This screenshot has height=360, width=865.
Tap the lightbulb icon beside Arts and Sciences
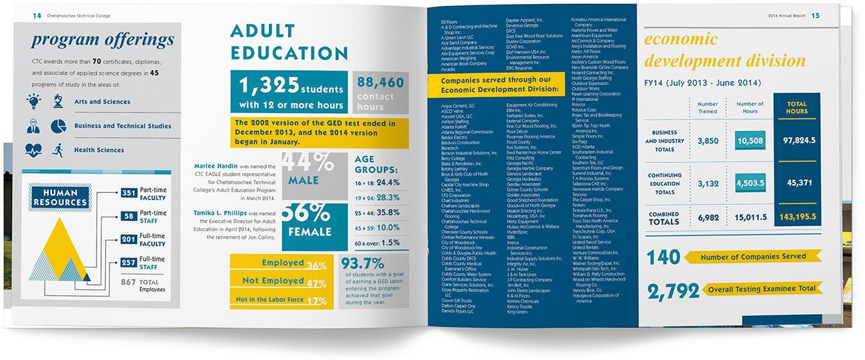[34, 102]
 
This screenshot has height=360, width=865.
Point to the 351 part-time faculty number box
[129, 194]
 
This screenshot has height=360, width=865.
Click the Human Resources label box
[59, 198]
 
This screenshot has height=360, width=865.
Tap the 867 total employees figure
[128, 282]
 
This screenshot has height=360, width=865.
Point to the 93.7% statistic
[362, 264]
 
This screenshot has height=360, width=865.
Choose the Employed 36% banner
[281, 264]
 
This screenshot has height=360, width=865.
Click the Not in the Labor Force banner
[281, 300]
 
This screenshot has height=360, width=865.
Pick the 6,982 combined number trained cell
[707, 217]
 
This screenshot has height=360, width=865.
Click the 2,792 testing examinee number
[673, 289]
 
